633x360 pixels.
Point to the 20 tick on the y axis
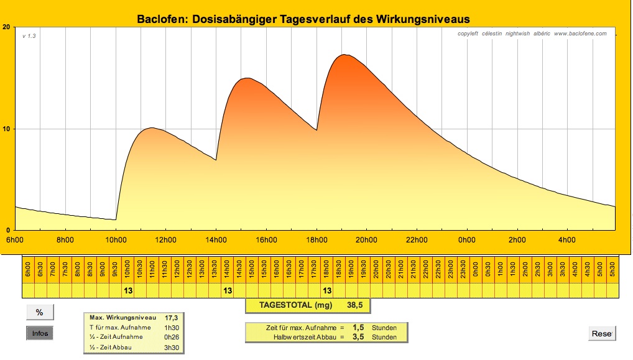[6, 27]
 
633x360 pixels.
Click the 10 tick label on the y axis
[6, 129]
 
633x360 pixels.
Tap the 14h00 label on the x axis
[216, 240]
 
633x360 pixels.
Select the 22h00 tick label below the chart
[417, 240]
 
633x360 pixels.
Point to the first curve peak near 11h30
[151, 128]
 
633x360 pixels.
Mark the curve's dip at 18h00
[316, 130]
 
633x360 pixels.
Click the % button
[40, 313]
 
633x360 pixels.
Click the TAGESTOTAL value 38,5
[355, 305]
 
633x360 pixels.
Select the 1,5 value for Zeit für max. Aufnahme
[358, 328]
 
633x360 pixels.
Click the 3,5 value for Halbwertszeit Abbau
[358, 337]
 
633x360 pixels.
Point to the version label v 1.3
[29, 36]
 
